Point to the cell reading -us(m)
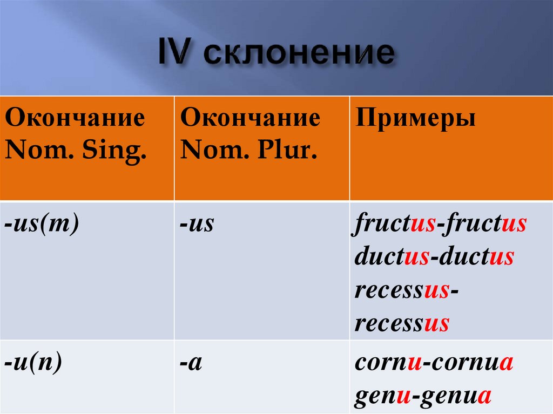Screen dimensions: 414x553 (42, 223)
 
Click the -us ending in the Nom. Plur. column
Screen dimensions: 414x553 (198, 223)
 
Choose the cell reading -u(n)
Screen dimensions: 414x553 (33, 363)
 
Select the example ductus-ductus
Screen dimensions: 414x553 (434, 257)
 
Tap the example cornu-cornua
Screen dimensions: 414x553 (434, 363)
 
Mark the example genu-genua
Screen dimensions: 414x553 (423, 396)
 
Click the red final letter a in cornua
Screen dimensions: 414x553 (507, 363)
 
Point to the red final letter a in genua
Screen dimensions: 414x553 (485, 396)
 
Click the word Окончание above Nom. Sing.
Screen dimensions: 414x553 (75, 118)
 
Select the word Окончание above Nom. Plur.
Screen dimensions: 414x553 (250, 118)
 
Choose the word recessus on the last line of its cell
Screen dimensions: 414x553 (402, 323)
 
